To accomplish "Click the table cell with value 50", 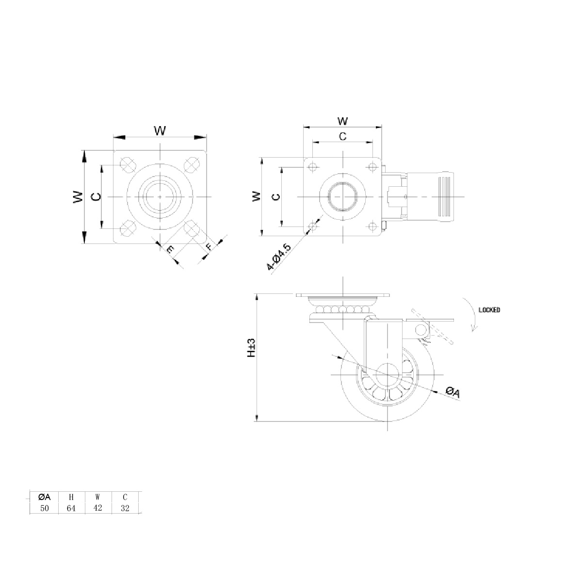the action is tap(45, 508).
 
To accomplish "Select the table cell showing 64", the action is tap(71, 508).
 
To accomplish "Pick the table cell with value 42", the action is tap(98, 508).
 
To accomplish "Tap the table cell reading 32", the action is tap(125, 508).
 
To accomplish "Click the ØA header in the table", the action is tap(45, 497).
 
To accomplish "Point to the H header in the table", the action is tap(71, 497).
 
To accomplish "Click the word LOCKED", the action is tap(489, 310).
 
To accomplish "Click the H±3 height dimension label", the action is tap(251, 348).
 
